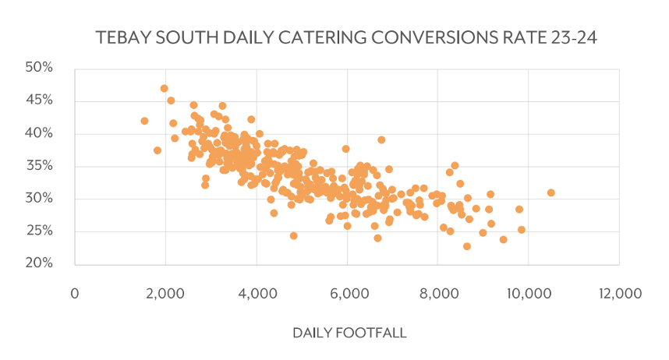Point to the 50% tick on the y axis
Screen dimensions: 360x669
point(38,68)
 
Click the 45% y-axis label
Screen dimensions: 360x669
point(38,101)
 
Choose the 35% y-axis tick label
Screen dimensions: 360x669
point(38,166)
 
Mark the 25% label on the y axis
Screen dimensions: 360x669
point(38,231)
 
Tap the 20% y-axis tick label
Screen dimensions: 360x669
point(38,263)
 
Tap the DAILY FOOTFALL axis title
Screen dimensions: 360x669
point(349,333)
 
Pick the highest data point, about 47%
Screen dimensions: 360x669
point(165,88)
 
